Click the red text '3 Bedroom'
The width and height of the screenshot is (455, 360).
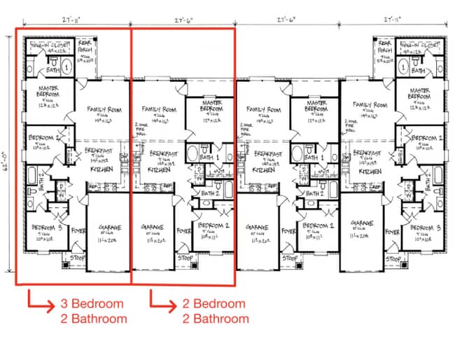(92, 303)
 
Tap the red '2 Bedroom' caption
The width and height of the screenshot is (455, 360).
(215, 303)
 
